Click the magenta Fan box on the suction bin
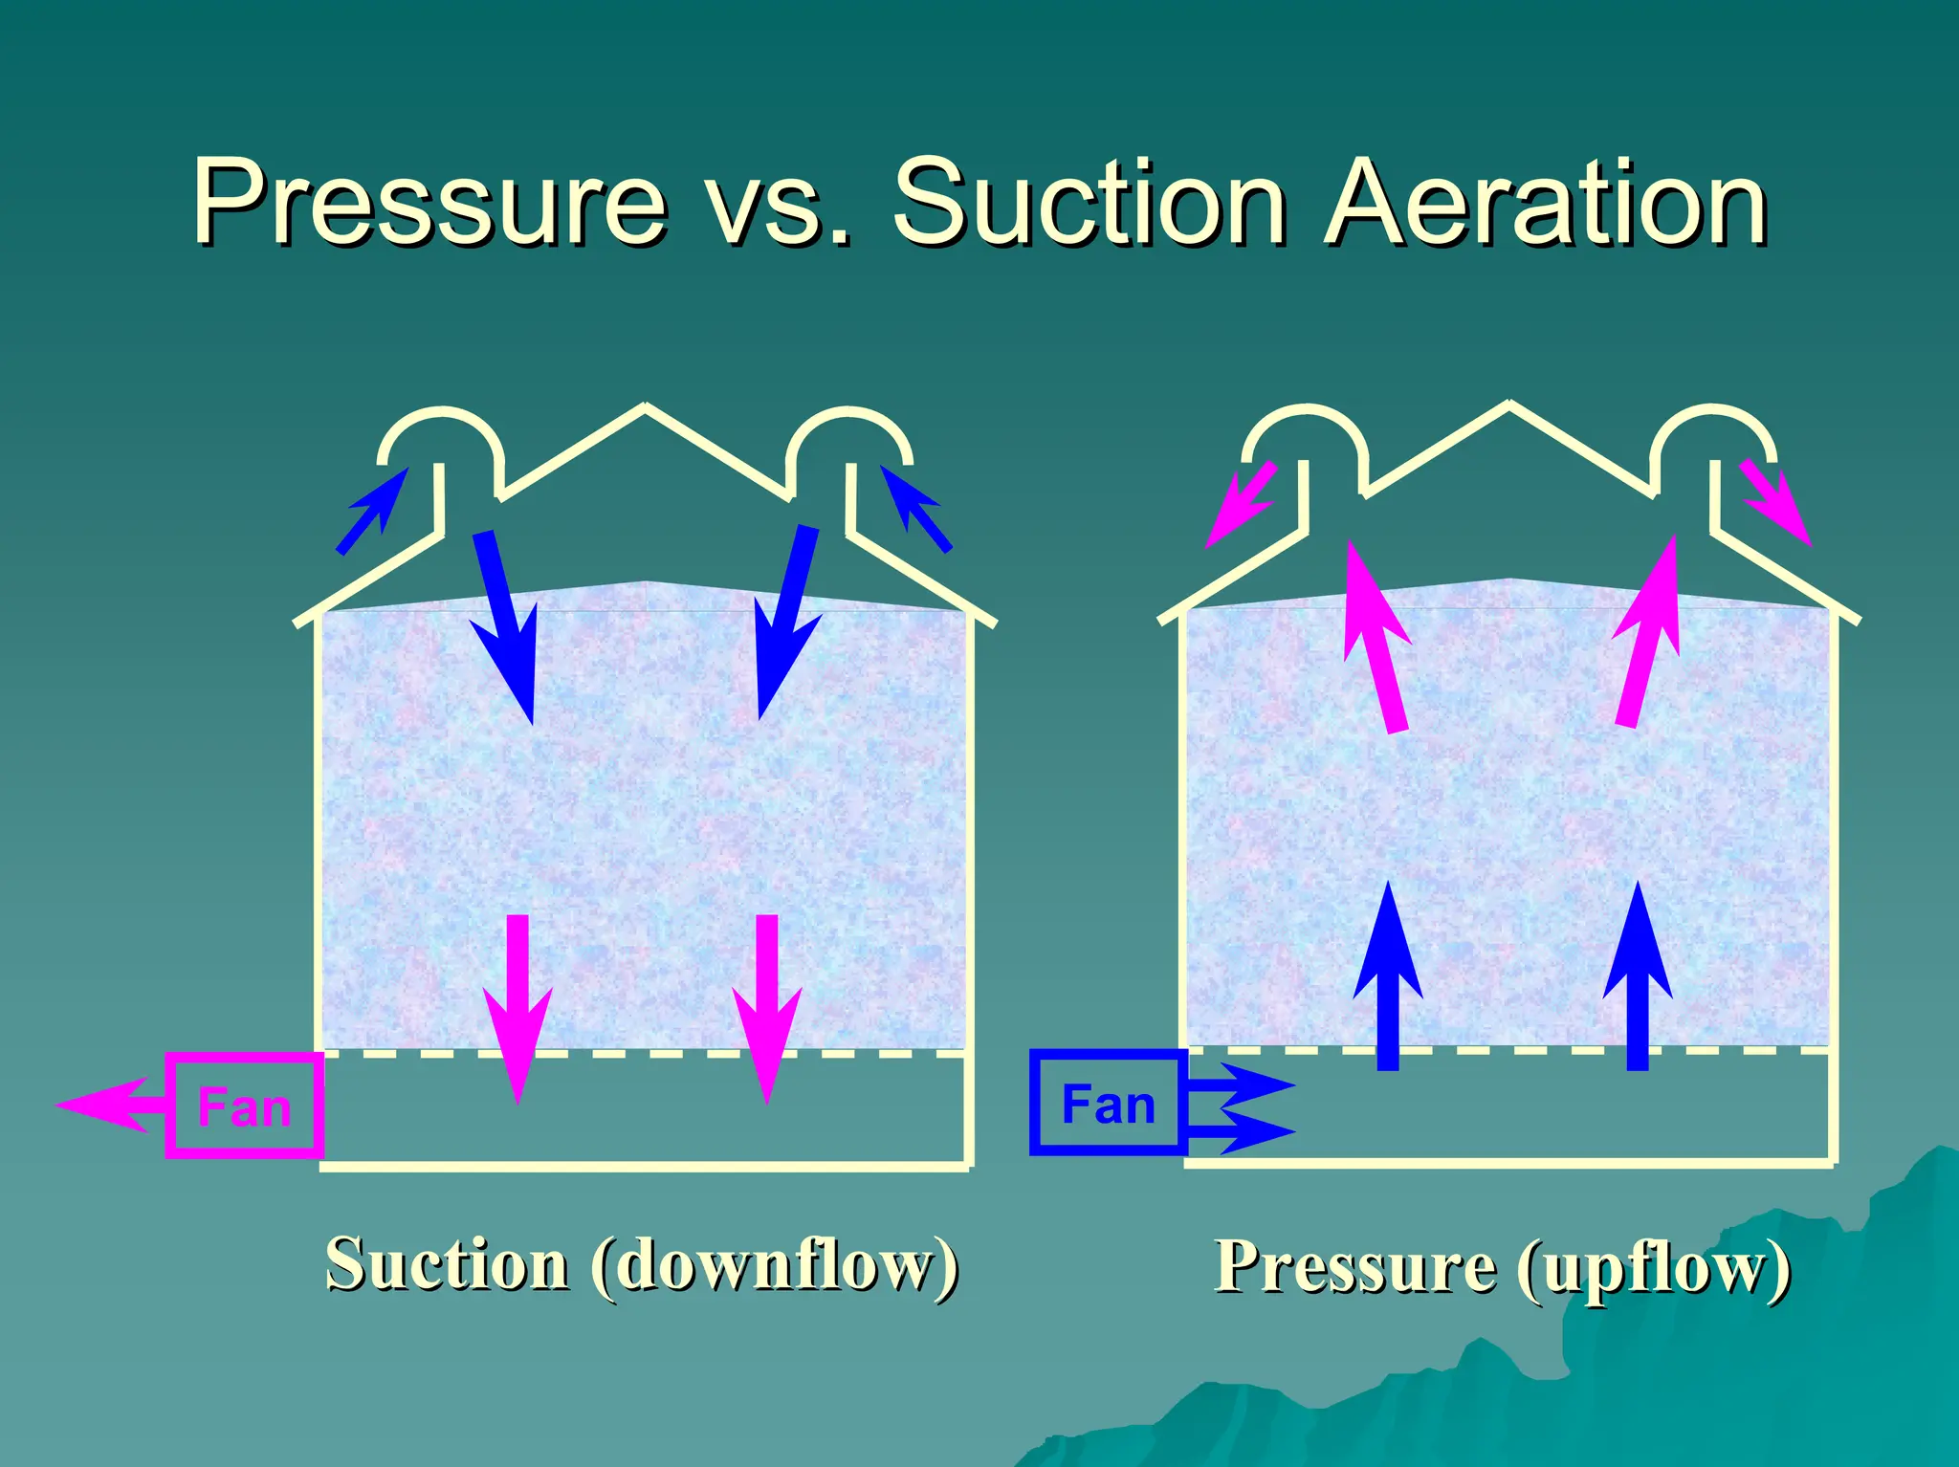point(244,1106)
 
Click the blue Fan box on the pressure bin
point(1108,1103)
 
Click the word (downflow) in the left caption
point(775,1264)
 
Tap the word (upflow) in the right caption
point(1654,1267)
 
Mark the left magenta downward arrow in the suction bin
point(517,1009)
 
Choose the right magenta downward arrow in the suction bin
point(767,1009)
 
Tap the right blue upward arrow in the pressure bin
point(1638,975)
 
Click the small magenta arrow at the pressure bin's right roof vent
point(1775,502)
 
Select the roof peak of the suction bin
point(645,408)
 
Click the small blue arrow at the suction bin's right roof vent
point(915,508)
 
